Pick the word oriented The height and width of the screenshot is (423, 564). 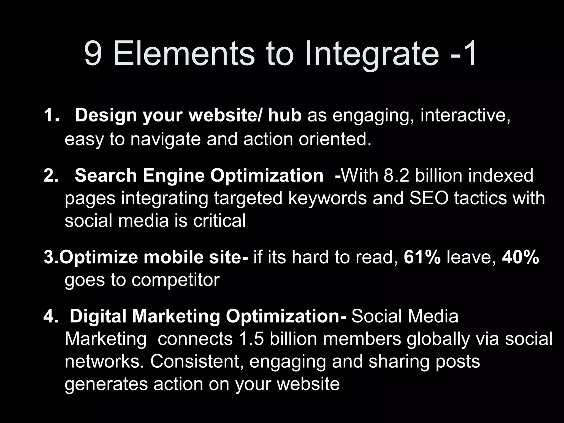(335, 139)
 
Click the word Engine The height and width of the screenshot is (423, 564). (173, 175)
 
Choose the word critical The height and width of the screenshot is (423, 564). (219, 221)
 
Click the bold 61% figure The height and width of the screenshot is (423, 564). (422, 257)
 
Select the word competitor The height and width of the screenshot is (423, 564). (175, 280)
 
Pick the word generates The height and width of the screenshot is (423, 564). (106, 384)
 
